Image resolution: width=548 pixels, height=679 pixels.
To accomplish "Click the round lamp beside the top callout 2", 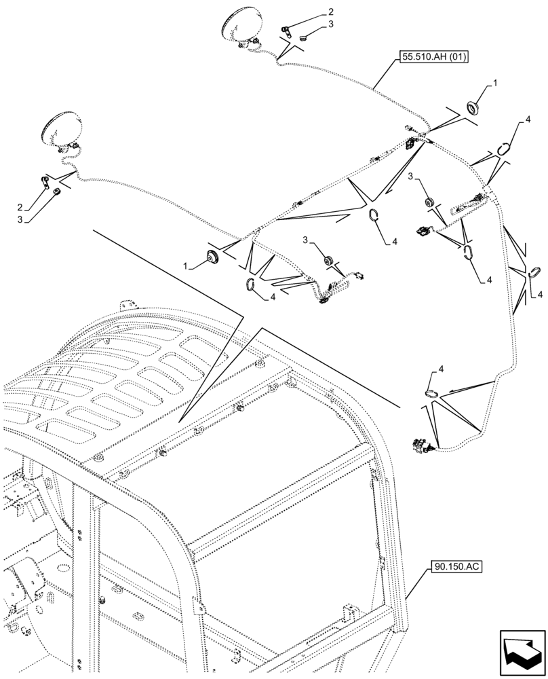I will [x=237, y=28].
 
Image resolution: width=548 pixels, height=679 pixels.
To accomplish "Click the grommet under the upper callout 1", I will [x=473, y=107].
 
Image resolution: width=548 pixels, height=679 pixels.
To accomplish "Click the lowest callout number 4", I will [x=442, y=369].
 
